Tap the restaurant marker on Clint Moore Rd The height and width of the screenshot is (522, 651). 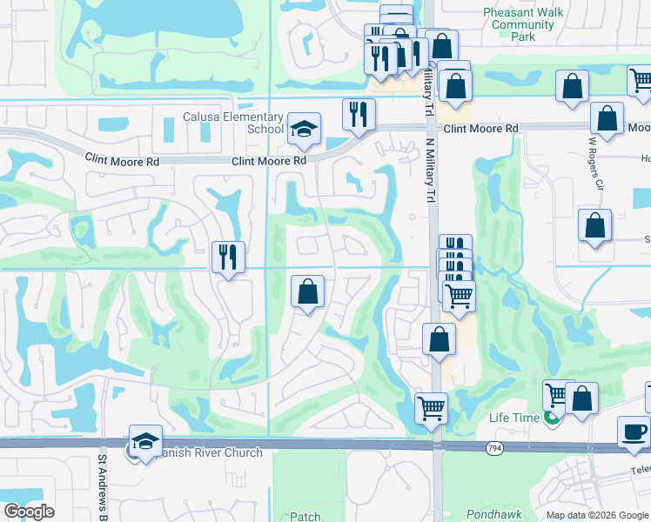click(359, 113)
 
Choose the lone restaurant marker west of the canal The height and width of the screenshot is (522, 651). click(228, 257)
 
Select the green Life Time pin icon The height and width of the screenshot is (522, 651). click(551, 418)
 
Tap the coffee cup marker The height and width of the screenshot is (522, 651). click(634, 431)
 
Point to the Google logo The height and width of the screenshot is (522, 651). click(30, 512)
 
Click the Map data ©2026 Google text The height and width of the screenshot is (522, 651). click(597, 515)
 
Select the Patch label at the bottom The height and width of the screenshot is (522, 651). click(305, 517)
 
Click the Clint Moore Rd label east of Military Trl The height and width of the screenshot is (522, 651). click(480, 129)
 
